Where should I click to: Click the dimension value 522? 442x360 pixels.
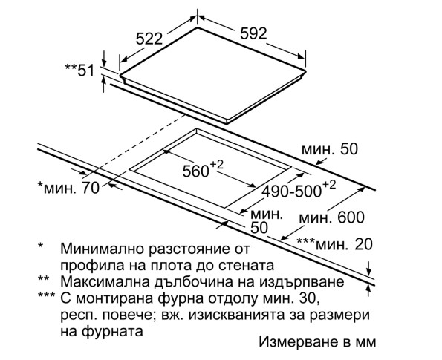tap(149, 39)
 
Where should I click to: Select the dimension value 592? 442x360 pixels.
tap(253, 33)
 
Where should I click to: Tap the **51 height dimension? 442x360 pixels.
tap(79, 70)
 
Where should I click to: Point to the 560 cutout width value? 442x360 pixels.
tap(203, 169)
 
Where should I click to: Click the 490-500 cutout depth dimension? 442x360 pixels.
tap(299, 189)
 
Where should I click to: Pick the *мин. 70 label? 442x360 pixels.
tap(68, 188)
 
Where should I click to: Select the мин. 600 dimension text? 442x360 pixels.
tap(331, 217)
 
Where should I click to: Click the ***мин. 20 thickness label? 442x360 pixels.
tap(334, 244)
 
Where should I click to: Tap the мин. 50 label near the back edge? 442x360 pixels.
tap(330, 149)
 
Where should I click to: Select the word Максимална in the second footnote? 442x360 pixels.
tap(105, 281)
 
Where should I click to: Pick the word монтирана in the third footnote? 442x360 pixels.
tap(114, 298)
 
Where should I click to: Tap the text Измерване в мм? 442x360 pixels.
tap(317, 341)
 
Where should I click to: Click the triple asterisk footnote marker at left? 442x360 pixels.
tap(46, 295)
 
